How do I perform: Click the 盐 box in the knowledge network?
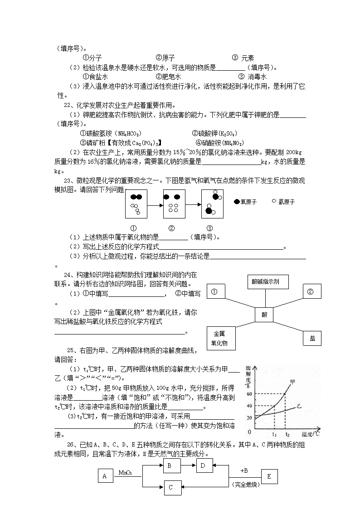point(312,338)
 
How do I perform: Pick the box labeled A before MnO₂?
point(105,476)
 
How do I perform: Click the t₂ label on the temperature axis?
point(287,434)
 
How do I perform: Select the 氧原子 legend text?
point(248,202)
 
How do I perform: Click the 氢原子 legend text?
point(286,202)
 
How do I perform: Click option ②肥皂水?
point(168,77)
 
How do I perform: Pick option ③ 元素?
point(243,58)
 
